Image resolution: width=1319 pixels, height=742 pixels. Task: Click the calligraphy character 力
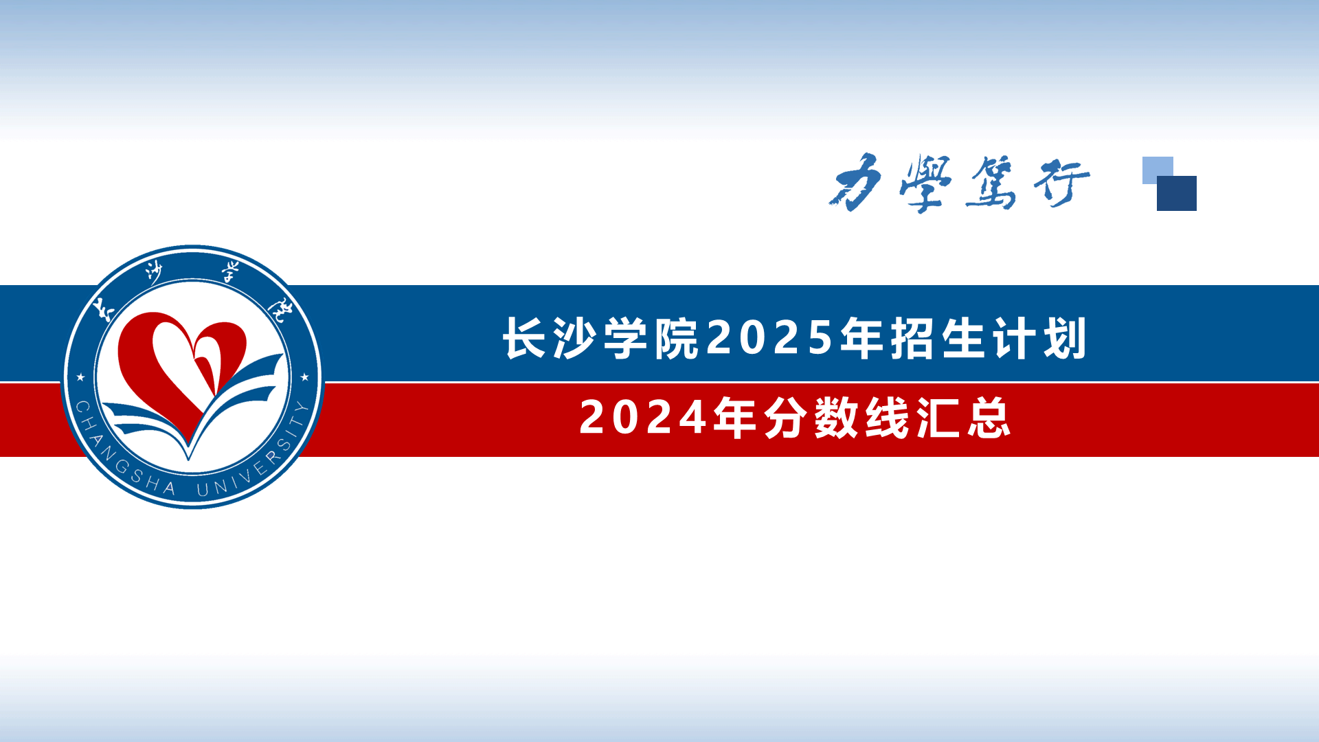pos(856,183)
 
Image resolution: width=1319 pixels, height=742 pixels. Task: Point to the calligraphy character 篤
pos(991,182)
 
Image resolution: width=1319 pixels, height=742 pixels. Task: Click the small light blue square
pos(1157,169)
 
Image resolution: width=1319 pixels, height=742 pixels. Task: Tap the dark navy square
pos(1177,193)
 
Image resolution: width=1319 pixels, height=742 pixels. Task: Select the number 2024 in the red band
pos(643,417)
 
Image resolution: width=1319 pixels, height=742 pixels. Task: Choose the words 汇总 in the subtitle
pos(964,417)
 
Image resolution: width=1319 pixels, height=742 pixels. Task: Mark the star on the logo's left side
pos(80,377)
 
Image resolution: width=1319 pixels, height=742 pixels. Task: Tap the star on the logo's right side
pos(305,377)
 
